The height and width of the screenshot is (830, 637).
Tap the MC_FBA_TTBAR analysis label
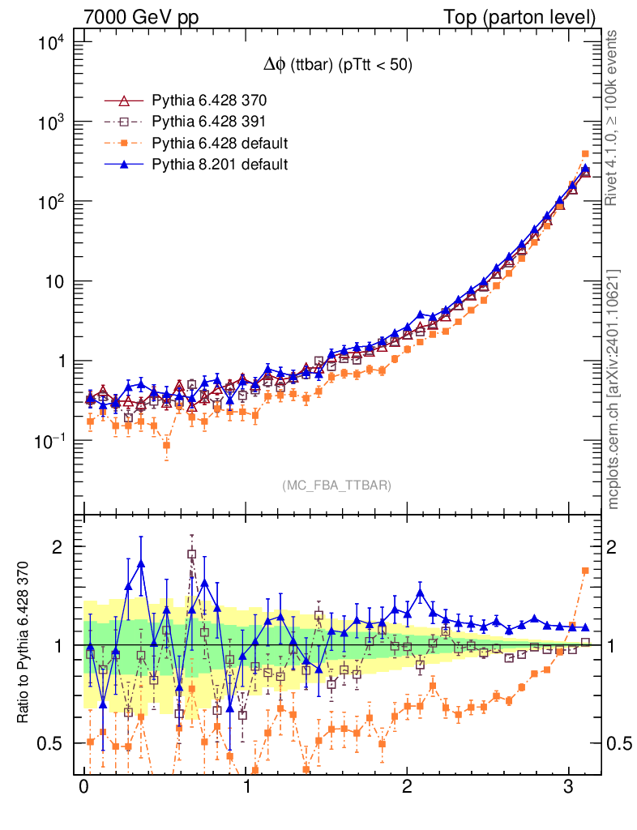tap(337, 486)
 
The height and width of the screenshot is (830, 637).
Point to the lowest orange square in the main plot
tap(167, 445)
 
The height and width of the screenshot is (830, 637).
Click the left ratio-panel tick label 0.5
tap(56, 743)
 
